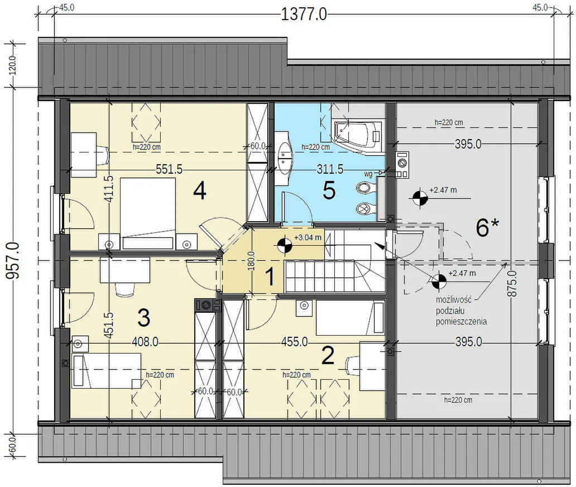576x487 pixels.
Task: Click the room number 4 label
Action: pos(199,191)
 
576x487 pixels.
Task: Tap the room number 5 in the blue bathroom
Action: pos(329,191)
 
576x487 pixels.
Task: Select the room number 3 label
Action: pos(143,318)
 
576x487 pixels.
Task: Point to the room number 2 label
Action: pos(328,356)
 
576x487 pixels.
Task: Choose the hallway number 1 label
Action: pos(270,277)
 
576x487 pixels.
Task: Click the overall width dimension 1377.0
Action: pos(304,15)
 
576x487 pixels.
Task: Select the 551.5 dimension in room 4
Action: pos(169,169)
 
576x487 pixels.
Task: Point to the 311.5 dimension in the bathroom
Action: pos(330,169)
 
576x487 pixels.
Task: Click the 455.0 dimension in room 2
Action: pos(295,342)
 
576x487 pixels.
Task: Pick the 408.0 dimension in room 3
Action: pos(145,342)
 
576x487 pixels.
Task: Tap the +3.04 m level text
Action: pos(308,237)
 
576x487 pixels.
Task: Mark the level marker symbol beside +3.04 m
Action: pos(284,246)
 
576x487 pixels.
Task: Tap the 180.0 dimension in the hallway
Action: pos(252,261)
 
